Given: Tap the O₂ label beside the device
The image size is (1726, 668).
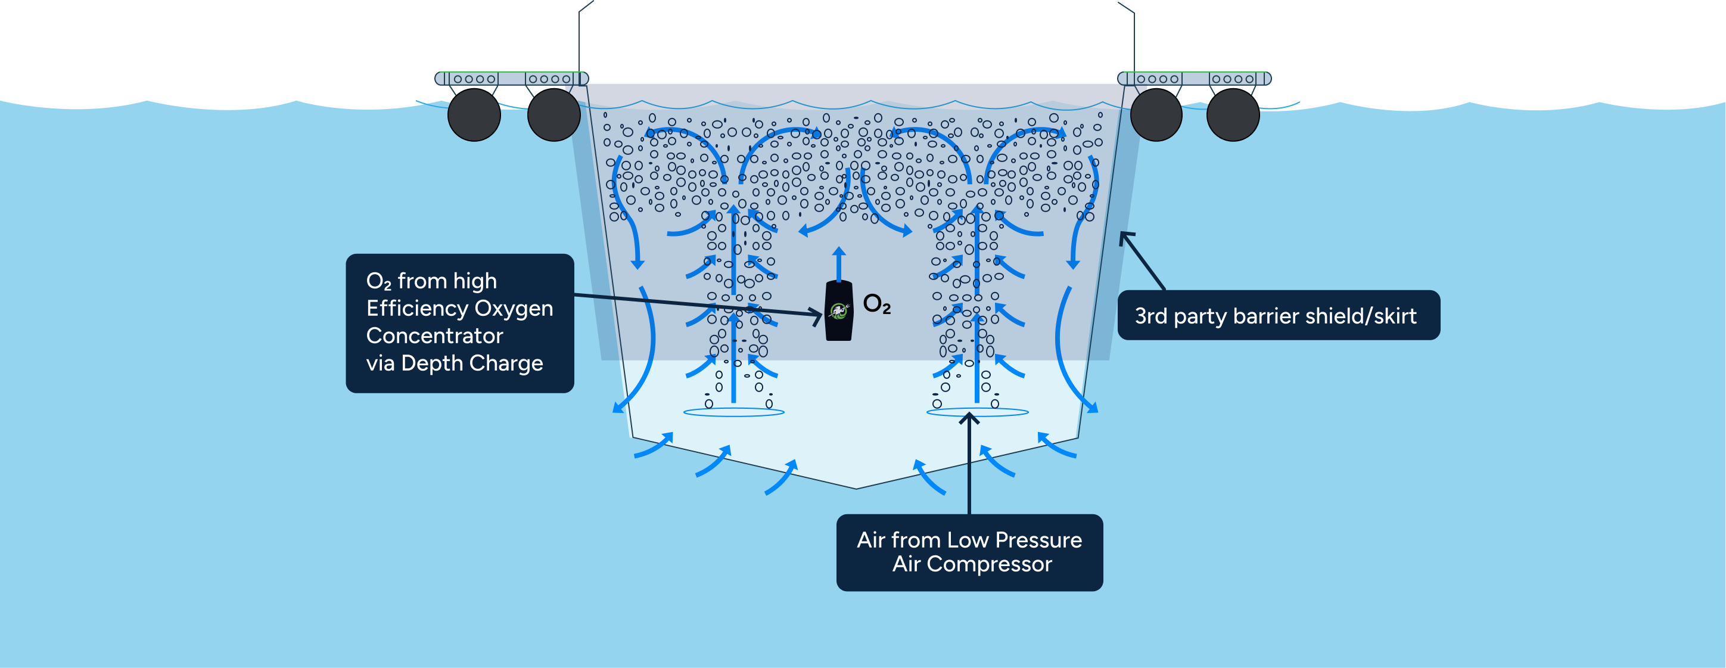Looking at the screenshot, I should point(876,304).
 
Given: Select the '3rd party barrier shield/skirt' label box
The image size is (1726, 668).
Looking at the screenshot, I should point(1279,316).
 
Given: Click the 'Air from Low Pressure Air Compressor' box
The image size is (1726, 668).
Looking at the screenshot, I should point(969,552).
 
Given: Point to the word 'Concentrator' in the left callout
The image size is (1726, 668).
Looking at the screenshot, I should point(434,335).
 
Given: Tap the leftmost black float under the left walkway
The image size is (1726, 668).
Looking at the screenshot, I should point(474,114).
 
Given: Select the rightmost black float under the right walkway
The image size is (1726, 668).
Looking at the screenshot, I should point(1232,114).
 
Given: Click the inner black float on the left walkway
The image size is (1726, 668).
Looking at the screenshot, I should point(553,114).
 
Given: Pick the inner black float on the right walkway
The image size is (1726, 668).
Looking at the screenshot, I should point(1156,114).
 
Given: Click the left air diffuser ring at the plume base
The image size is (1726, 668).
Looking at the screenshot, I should point(733,412).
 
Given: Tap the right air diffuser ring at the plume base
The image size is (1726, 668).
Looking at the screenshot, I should point(977,412).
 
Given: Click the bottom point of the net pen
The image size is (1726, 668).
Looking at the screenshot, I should point(856,488).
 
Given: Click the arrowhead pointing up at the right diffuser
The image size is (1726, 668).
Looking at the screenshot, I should point(969,418).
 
